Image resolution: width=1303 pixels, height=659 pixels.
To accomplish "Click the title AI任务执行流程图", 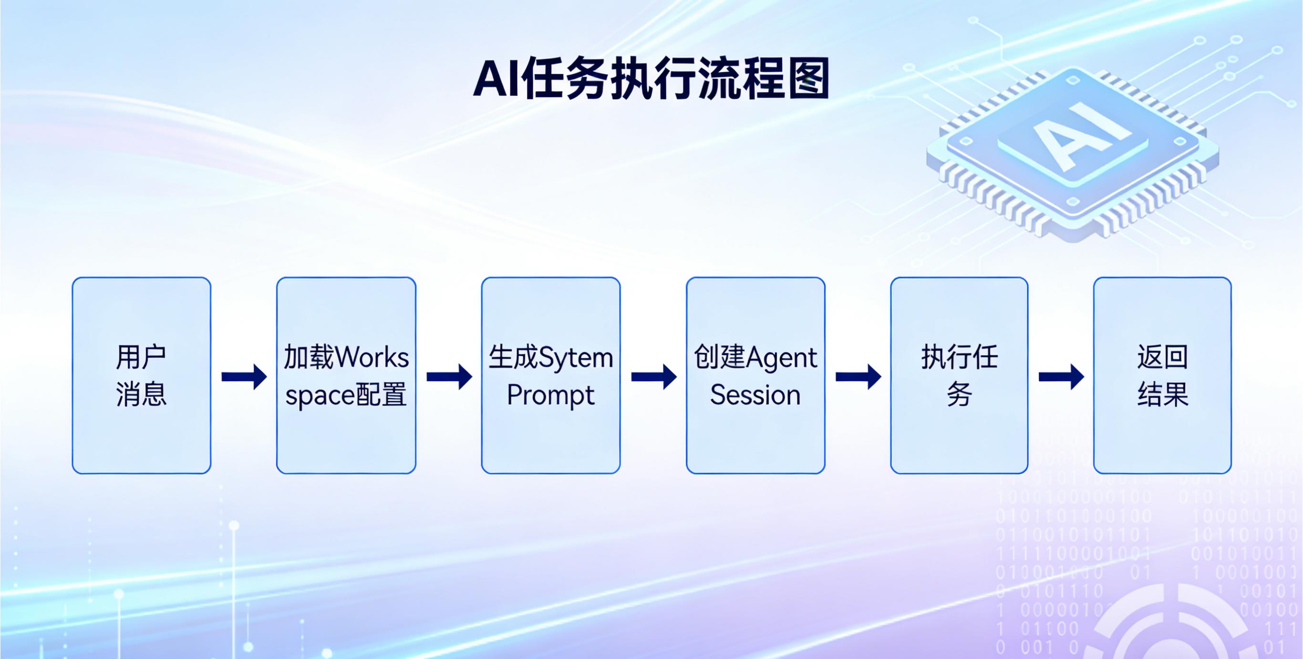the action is coord(651,79).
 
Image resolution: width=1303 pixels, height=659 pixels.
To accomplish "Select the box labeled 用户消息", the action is coord(142,375).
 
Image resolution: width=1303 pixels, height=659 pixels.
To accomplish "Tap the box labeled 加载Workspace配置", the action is coord(346,375).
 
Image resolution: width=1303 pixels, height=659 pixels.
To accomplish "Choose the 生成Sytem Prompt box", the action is coord(551,375).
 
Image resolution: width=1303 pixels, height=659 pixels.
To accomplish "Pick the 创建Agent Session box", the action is coord(755,375).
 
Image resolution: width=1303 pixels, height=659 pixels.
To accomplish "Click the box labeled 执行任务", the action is coord(960,375).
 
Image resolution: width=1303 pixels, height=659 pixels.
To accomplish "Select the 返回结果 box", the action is coord(1162,375).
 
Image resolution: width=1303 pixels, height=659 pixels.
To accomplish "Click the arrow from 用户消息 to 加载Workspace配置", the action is coord(244,377).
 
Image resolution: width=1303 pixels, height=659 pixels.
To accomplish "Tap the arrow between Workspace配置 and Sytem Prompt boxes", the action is coord(449,377).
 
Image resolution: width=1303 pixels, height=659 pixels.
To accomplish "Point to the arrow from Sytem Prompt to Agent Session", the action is coord(654,377).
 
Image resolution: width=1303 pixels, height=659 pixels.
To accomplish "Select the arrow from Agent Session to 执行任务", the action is coord(858,377).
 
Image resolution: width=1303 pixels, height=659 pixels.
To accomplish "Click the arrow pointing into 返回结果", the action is coord(1061,377).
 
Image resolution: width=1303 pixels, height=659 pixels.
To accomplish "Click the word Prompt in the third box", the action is coord(550,395).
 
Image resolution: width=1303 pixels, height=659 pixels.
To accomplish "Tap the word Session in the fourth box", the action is coord(755,395).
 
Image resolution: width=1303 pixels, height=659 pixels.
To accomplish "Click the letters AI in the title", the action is coord(496,79).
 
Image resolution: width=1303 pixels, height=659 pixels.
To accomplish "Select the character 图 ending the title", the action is coord(809,79).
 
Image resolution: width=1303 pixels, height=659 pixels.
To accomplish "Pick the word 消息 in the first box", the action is coord(141,394).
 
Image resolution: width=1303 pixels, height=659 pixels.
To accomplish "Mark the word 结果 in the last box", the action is coord(1163,394).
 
